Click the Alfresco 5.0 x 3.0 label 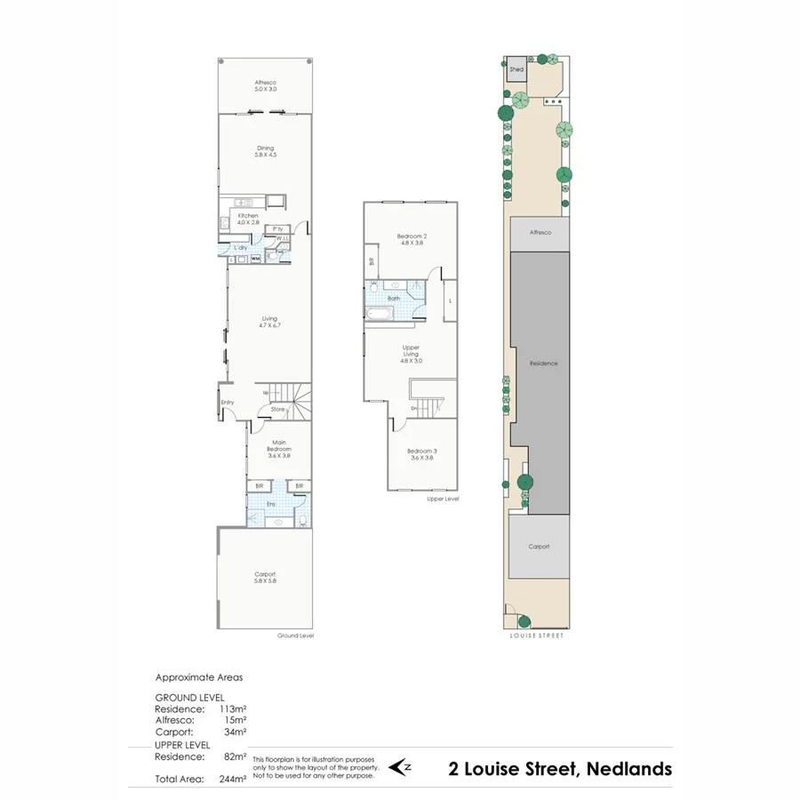pos(266,85)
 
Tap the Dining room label pos(266,151)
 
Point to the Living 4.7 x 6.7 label pos(269,322)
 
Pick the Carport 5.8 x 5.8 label pos(265,578)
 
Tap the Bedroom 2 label pos(412,238)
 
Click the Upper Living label pos(411,351)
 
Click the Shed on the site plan pos(516,69)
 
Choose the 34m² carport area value pos(236,732)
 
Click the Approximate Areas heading pos(199,677)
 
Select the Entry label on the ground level pos(227,402)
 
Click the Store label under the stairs pos(277,410)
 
